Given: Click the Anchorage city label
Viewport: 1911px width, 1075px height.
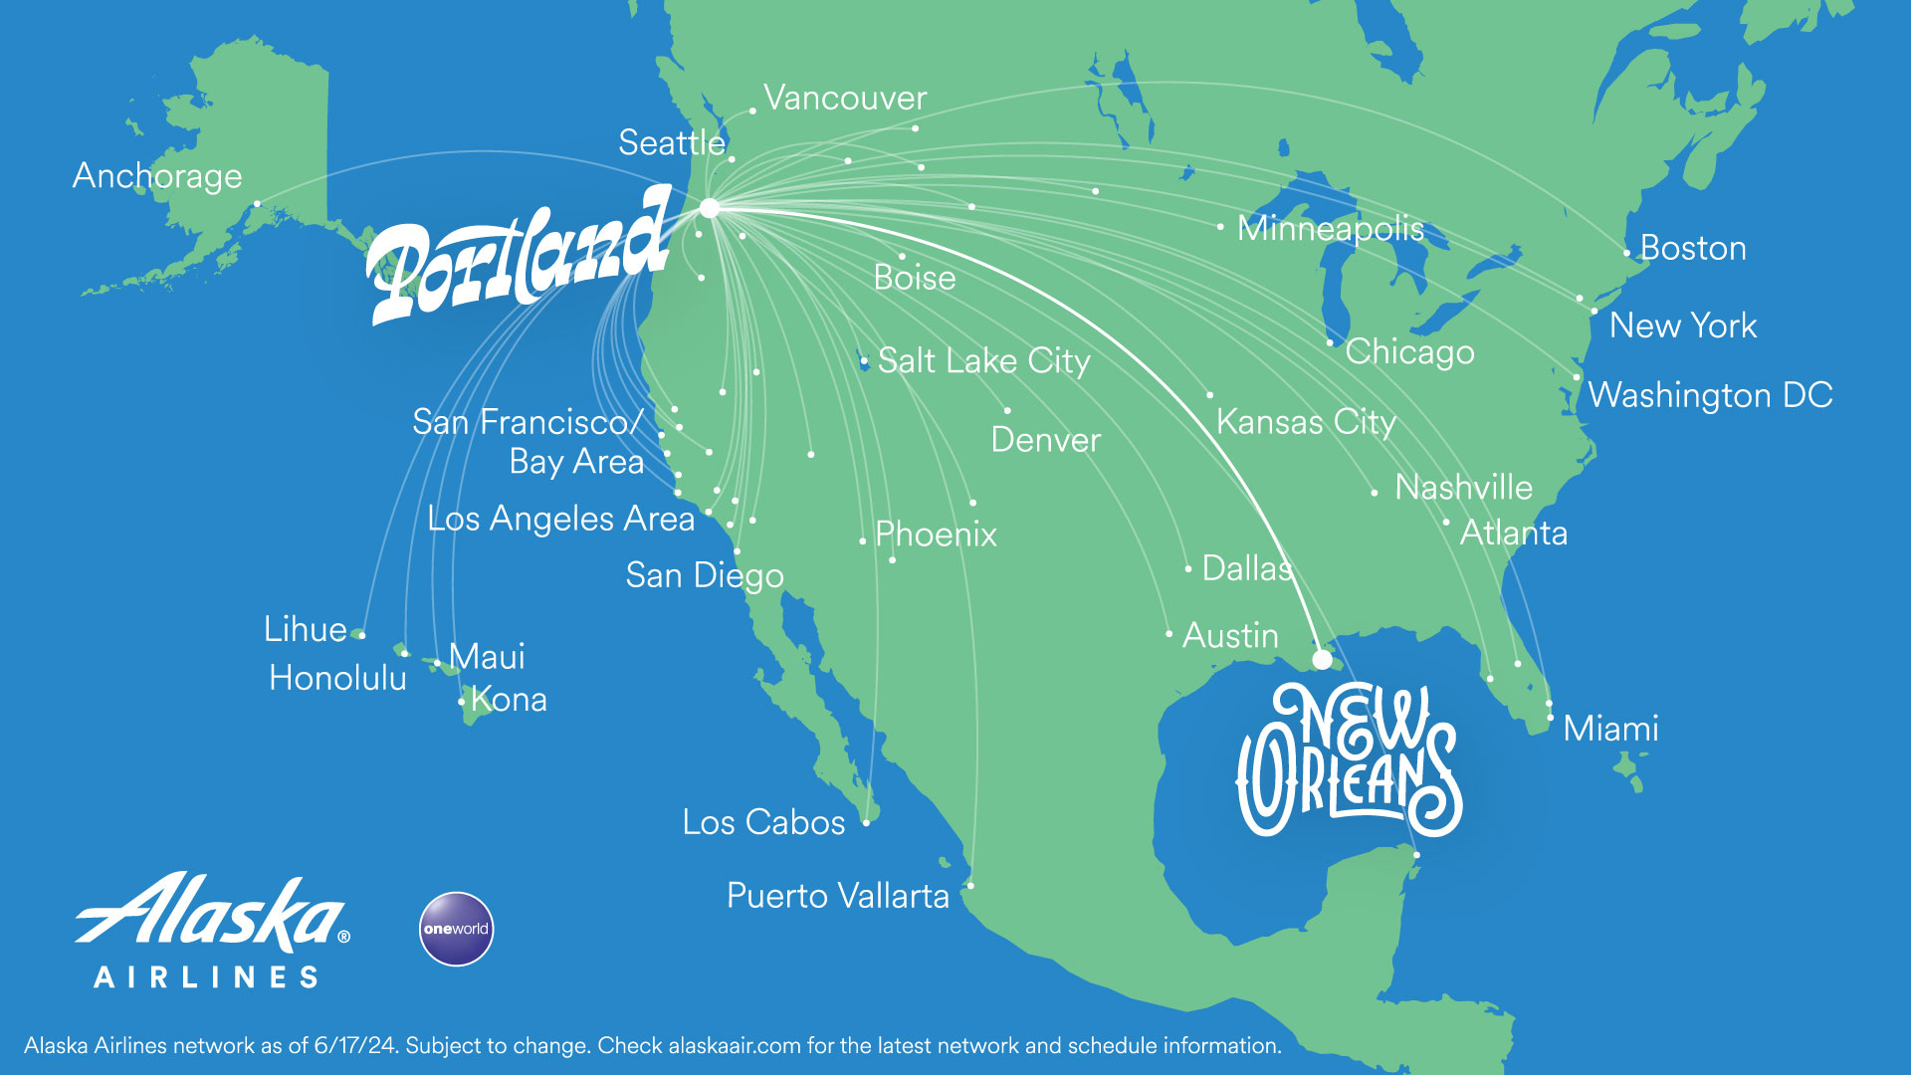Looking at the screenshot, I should point(157,176).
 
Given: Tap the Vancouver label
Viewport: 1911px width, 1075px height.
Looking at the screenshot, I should point(845,98).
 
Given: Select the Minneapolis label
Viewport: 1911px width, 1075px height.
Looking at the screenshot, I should point(1330,228).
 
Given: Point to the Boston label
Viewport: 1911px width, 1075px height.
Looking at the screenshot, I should point(1692,248).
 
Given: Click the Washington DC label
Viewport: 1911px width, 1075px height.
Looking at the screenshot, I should point(1710,395).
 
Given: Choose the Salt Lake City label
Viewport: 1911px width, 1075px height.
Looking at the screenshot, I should point(983,360).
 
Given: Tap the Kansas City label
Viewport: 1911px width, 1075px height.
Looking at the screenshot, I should point(1306,422).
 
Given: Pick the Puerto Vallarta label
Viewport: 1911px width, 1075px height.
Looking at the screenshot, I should point(838,896).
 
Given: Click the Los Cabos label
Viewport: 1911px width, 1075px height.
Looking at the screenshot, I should point(763,822).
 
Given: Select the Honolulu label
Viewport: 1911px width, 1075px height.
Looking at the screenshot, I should point(337,678).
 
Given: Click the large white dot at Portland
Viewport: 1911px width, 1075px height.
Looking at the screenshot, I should point(710,208).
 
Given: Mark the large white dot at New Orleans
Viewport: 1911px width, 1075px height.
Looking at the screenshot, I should point(1322,659).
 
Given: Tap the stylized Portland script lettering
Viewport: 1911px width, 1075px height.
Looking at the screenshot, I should point(518,259).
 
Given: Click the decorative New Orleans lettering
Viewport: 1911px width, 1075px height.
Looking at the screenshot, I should point(1349,761).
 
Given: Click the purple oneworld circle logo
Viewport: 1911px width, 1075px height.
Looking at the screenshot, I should point(456,929).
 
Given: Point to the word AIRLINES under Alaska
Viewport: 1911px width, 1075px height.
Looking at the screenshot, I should point(206,977).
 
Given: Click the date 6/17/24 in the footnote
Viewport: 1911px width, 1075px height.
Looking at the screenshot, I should point(354,1046).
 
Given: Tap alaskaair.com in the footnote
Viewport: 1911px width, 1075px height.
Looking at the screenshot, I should point(735,1046).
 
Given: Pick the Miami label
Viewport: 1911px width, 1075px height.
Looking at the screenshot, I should point(1610,729).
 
